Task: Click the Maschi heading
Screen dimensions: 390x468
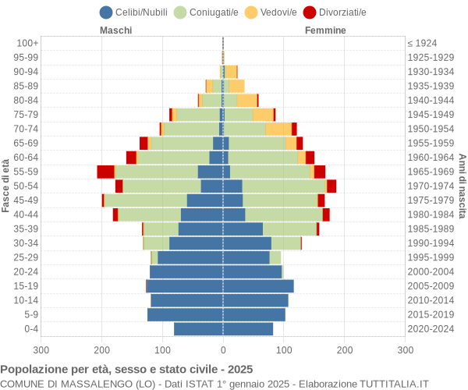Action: pos(115,30)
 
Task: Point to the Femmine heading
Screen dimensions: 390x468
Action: pos(325,30)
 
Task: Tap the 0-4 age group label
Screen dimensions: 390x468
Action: pos(31,329)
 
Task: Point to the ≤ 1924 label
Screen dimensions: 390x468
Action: pos(422,43)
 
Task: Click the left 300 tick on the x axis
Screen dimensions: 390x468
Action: pos(41,351)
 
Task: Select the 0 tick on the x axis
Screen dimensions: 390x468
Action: pos(223,351)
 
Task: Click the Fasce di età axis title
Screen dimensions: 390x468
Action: pos(6,186)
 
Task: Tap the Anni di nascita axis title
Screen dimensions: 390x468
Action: pos(462,186)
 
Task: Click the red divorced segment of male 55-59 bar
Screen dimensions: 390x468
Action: pos(105,172)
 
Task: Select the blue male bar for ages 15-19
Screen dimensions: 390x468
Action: pos(184,286)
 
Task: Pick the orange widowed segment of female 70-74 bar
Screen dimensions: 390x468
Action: pos(278,129)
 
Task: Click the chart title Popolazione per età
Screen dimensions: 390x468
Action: pos(126,369)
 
